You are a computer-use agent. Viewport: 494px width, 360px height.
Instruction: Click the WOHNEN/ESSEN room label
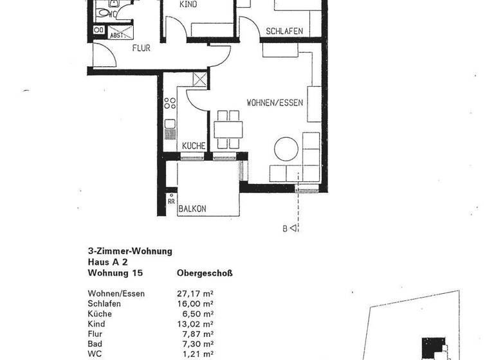[x=275, y=102]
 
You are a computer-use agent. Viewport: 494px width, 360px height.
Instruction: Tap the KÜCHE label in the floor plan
[x=193, y=146]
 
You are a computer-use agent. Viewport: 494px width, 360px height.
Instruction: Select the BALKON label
[x=192, y=208]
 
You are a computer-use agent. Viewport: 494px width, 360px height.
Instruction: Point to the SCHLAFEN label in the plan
[x=284, y=31]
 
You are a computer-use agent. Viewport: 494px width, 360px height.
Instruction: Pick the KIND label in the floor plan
[x=188, y=4]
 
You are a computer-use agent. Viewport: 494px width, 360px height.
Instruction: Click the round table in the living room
[x=286, y=149]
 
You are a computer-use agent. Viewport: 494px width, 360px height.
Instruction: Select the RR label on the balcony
[x=171, y=201]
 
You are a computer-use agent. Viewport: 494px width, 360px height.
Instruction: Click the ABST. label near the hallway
[x=117, y=35]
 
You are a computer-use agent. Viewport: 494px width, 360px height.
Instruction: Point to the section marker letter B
[x=284, y=228]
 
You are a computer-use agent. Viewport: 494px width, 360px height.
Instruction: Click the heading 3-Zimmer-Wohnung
[x=130, y=252]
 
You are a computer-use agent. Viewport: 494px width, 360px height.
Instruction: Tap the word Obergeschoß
[x=205, y=273]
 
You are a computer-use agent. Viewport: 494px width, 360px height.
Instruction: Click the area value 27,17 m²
[x=195, y=294]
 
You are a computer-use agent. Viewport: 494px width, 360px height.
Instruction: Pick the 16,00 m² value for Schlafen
[x=195, y=303]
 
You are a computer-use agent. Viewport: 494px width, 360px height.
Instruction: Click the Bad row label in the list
[x=95, y=345]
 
